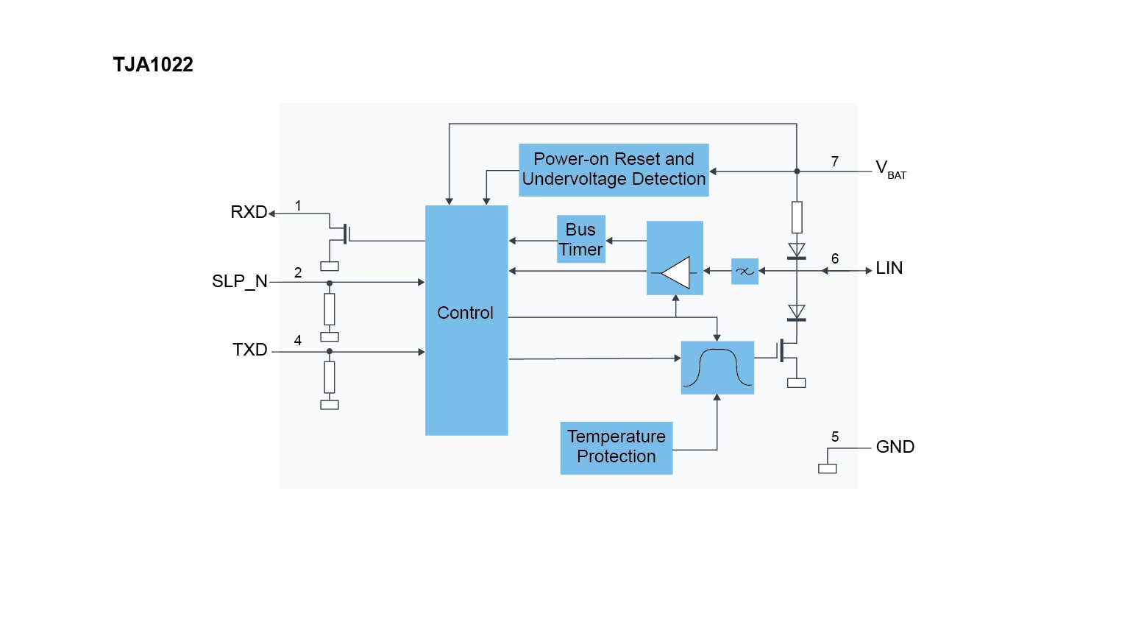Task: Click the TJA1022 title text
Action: tap(153, 65)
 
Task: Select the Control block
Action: tap(466, 320)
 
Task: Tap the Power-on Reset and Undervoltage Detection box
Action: tap(614, 170)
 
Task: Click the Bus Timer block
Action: tap(581, 239)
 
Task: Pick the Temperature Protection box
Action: tap(616, 448)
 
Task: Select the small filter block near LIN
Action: tap(745, 271)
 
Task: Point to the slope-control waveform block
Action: tap(717, 367)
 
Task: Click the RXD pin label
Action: tap(249, 212)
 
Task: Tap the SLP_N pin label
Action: tap(240, 281)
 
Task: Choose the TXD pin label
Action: tap(250, 350)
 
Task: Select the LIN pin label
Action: tap(889, 268)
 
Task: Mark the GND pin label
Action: tap(895, 447)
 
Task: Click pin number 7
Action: tap(835, 161)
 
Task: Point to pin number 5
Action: tap(835, 437)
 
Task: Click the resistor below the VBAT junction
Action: tap(797, 217)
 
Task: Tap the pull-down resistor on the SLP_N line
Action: tap(330, 309)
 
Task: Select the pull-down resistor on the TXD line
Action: tap(330, 377)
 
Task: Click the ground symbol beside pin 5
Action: tap(828, 468)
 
